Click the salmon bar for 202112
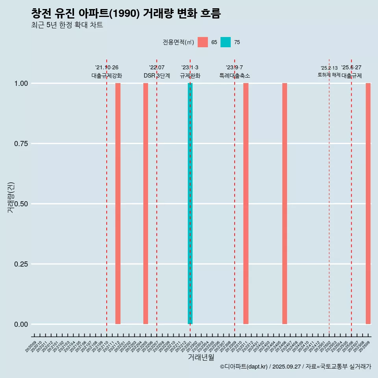118,204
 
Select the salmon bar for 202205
146,204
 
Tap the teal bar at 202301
190,204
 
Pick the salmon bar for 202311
246,204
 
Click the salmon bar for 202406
285,204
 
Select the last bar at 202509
368,204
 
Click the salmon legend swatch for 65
203,42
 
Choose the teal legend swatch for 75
226,42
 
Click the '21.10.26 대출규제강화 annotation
107,72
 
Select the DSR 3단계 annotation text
157,76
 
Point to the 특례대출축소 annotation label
235,76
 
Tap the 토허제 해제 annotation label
329,75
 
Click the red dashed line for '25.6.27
351,197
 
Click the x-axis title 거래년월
201,357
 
